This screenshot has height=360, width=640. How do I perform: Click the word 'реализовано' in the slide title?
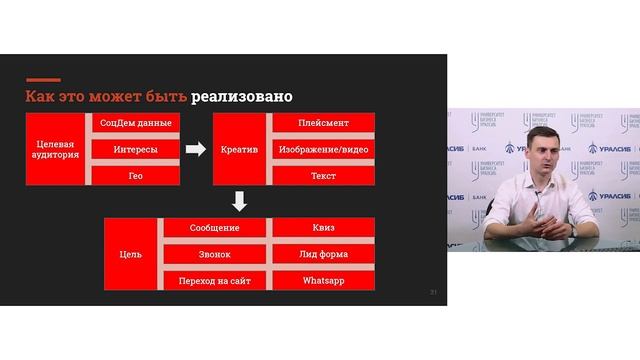click(243, 97)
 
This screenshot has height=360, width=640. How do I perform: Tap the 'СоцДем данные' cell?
click(135, 124)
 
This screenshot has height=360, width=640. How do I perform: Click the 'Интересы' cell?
click(135, 149)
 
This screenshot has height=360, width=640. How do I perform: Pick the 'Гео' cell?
click(135, 174)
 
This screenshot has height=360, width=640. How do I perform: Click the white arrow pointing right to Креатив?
click(196, 150)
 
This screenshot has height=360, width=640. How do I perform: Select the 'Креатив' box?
click(239, 149)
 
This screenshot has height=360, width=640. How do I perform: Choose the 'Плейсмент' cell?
click(322, 124)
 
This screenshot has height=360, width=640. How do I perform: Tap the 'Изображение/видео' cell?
click(322, 149)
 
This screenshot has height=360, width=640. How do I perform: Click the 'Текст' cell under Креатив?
click(322, 174)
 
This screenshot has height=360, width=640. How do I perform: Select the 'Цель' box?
click(130, 254)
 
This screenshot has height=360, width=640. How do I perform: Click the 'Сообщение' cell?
click(214, 229)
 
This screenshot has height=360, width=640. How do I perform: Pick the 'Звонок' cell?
click(214, 255)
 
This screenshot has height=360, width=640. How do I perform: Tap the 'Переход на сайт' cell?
click(214, 281)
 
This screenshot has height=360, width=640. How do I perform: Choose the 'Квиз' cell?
click(322, 229)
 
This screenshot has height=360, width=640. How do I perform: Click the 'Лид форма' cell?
click(322, 255)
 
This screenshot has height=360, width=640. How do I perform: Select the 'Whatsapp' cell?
click(322, 281)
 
